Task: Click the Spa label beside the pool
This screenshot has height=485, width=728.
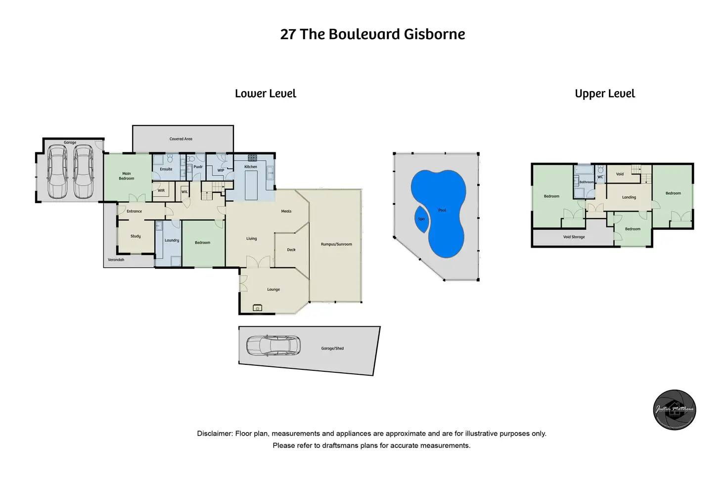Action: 421,219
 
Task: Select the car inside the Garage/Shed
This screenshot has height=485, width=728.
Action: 273,346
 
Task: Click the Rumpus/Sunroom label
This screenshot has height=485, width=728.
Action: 336,244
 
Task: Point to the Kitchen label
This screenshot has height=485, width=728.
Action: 251,167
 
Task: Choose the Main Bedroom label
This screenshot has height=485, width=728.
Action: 127,176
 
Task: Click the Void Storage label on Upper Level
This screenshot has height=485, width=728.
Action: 574,237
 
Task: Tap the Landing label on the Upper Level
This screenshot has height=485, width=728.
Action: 629,197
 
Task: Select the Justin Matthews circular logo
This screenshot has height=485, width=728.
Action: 675,410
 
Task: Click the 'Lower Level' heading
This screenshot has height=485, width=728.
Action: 266,93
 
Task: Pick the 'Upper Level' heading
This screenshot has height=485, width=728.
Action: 605,93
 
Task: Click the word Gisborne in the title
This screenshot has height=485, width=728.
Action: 434,34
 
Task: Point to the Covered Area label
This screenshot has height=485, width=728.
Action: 181,139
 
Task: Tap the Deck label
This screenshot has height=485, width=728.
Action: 291,250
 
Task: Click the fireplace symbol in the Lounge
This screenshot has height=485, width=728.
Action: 257,308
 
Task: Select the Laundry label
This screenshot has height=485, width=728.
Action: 172,240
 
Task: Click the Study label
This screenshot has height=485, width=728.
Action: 136,236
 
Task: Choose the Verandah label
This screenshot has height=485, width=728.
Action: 116,260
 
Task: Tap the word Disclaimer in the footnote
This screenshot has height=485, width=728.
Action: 215,434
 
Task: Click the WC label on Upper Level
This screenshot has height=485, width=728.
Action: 600,177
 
